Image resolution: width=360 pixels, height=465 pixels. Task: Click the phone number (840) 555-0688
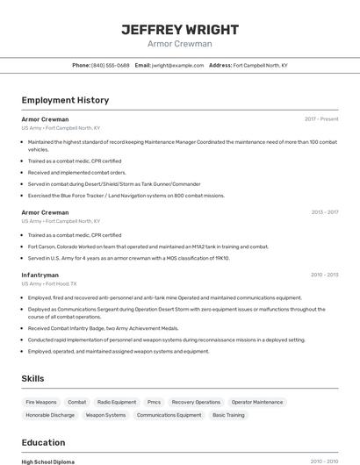(111, 65)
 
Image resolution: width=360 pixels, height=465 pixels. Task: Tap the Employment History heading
(65, 100)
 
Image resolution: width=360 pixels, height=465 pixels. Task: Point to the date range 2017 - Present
(321, 118)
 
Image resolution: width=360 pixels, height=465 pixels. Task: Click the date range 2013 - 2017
(324, 212)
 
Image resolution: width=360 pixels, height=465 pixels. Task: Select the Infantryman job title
(40, 275)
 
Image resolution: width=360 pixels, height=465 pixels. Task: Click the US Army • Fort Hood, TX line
(49, 284)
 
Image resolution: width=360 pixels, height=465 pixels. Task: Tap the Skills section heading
(33, 378)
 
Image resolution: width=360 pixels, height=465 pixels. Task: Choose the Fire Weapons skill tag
(41, 402)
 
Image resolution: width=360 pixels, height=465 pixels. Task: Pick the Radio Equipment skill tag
(117, 402)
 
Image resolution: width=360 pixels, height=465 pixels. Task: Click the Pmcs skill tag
(154, 402)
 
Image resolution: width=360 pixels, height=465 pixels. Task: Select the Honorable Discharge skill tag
(50, 415)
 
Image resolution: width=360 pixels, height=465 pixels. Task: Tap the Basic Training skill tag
(228, 415)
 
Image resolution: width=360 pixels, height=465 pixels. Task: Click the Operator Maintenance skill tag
(257, 402)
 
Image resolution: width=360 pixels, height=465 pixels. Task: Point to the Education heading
(43, 442)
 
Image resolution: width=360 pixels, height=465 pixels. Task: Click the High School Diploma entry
(48, 461)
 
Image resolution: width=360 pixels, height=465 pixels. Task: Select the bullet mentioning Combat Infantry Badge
(103, 328)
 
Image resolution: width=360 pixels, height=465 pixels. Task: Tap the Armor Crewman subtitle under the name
(179, 44)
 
